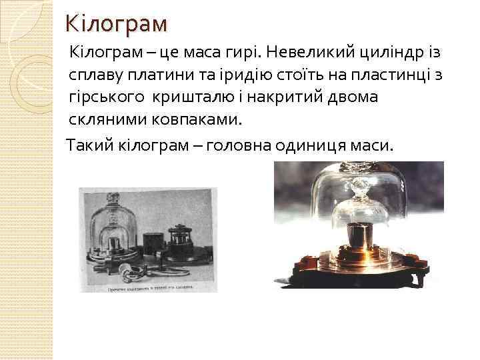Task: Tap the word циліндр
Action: (x=389, y=53)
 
